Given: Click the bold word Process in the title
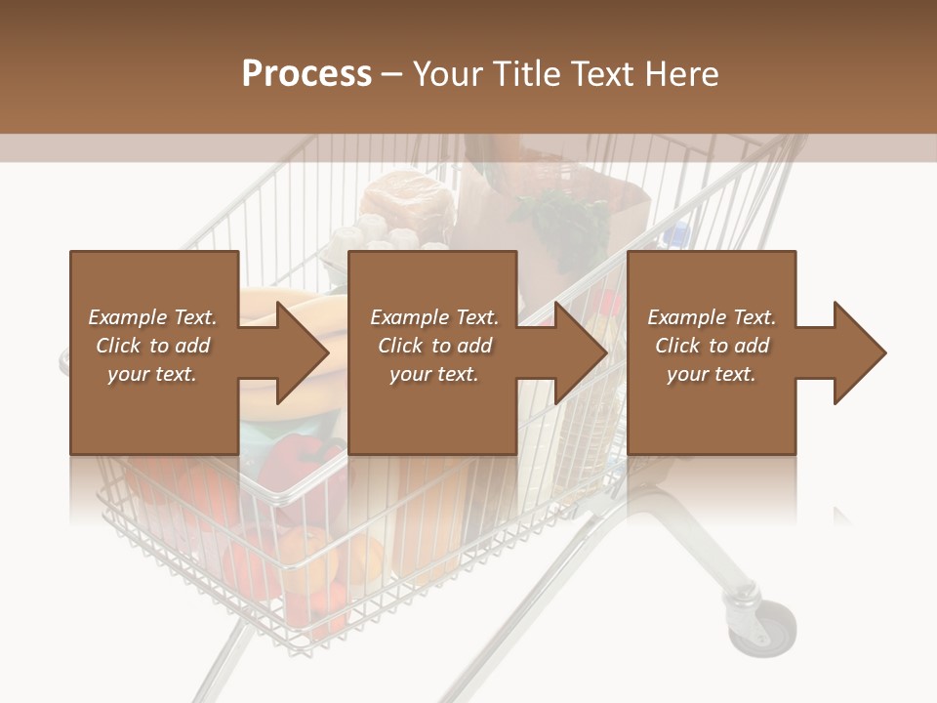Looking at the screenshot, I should [x=306, y=74].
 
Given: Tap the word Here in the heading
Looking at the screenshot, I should [x=679, y=74].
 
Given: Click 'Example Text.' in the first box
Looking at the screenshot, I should [x=152, y=317].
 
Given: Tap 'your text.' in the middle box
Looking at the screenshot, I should [x=433, y=374].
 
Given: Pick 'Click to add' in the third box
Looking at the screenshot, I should [x=712, y=346].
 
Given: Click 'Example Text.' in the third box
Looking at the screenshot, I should [x=712, y=317].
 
